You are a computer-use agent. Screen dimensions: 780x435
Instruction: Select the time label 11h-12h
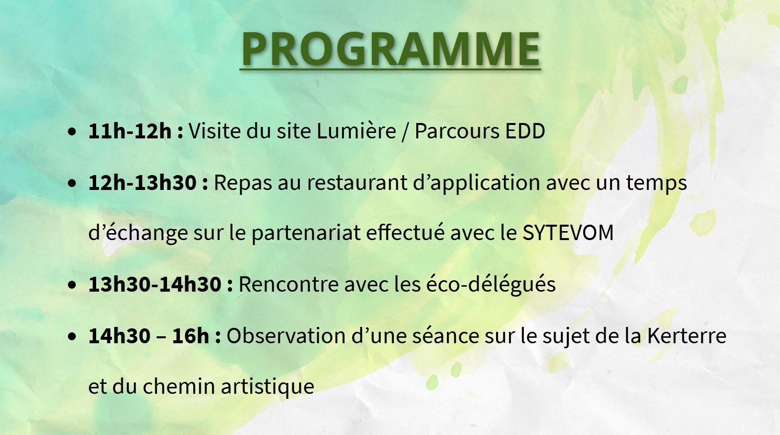point(130,131)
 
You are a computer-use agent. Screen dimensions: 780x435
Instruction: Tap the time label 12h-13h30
point(142,183)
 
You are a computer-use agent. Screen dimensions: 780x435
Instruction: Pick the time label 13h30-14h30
point(155,284)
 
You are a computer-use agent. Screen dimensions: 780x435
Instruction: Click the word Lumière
point(356,131)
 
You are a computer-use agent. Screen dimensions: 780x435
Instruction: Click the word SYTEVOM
point(568,233)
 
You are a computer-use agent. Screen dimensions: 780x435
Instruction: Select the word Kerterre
point(687,335)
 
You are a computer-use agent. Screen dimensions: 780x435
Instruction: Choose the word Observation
point(286,335)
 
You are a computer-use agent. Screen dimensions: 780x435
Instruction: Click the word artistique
point(268,387)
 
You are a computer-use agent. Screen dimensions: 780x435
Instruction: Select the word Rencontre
point(289,284)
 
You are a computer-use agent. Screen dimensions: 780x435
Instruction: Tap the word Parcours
point(457,131)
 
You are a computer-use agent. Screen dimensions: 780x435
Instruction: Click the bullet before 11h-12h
point(72,132)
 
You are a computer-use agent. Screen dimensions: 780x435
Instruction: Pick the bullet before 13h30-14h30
point(72,285)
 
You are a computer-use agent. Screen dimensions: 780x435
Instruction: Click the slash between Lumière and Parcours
point(405,132)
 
